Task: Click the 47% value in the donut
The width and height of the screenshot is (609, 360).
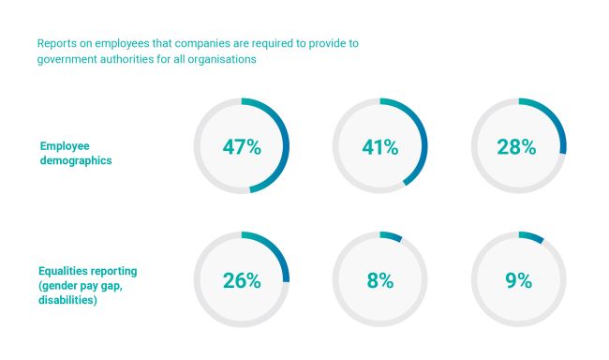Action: point(242,147)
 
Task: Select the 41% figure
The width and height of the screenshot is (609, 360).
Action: point(380,147)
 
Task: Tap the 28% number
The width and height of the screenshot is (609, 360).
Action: point(516,147)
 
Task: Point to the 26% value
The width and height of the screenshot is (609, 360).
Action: point(242,280)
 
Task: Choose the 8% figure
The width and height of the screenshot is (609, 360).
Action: point(380,280)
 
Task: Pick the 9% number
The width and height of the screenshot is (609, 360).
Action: point(518,280)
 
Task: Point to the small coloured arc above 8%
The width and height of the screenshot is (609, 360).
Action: point(391,235)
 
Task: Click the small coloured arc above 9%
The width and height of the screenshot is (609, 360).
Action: point(531,236)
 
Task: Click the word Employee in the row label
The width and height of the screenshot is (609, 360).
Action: point(65,146)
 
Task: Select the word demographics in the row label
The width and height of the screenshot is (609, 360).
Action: point(76,160)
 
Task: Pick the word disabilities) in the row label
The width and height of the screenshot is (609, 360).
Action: point(67,300)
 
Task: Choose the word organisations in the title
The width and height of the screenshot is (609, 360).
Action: point(222,59)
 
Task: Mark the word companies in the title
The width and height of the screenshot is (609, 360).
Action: point(202,43)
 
